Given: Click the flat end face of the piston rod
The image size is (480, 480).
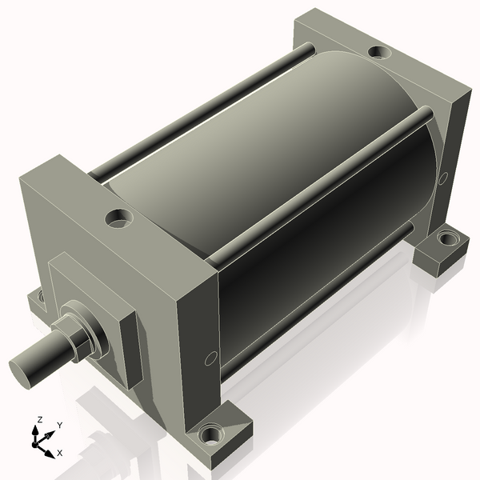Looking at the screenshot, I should [25, 369].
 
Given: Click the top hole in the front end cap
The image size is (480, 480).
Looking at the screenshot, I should [120, 216].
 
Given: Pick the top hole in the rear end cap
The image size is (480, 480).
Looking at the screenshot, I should [378, 53].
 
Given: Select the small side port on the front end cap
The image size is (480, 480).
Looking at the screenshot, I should [210, 359].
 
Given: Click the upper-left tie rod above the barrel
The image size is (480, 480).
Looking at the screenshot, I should [200, 112].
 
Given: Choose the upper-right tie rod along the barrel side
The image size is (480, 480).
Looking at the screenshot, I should [320, 184].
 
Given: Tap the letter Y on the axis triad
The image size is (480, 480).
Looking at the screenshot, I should [59, 425].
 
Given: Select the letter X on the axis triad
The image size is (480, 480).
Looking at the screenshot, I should [59, 453].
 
